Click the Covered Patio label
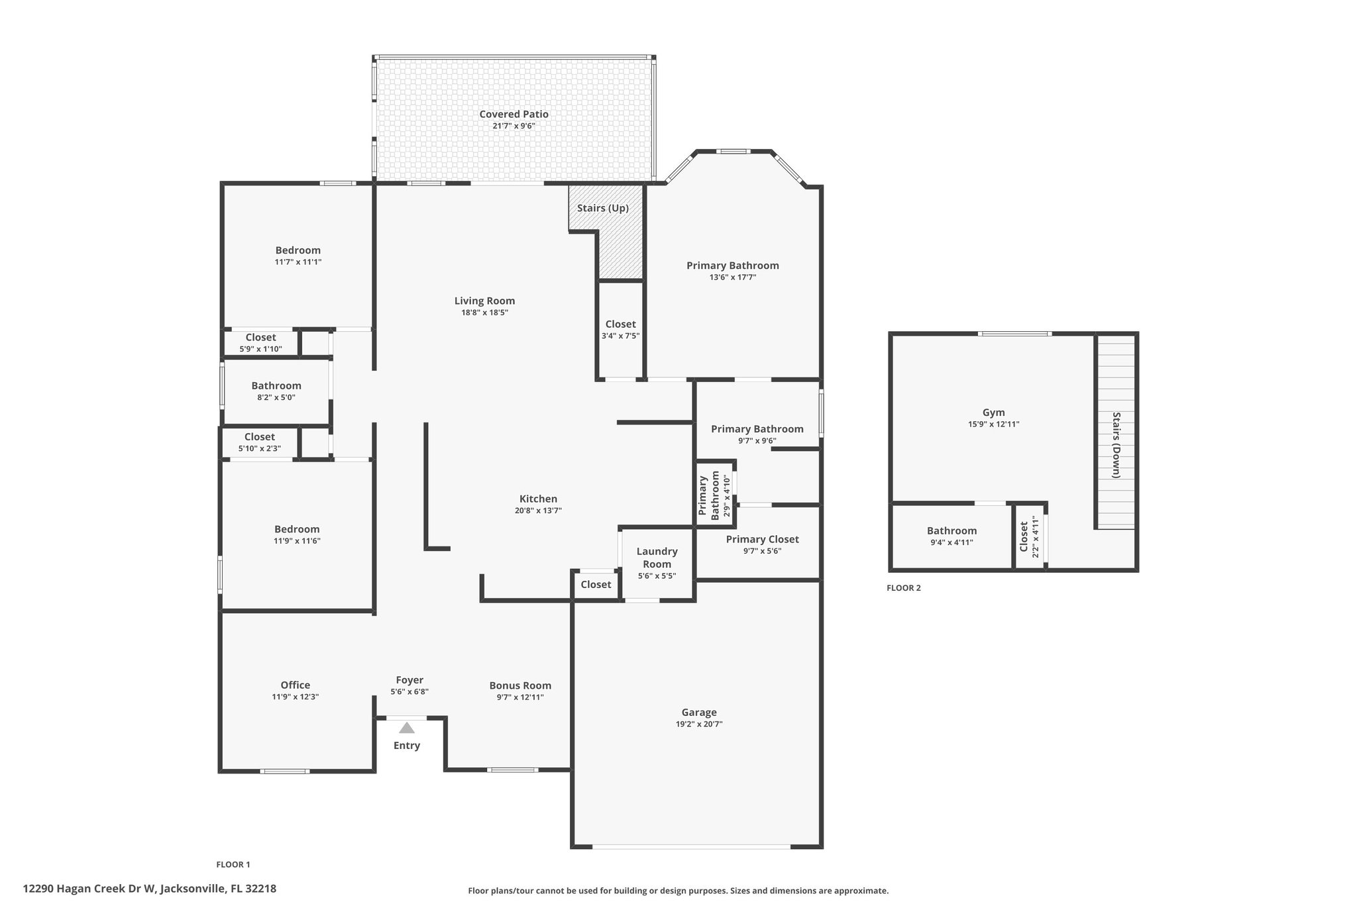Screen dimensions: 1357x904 tap(514, 114)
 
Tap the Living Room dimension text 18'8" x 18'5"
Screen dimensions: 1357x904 tap(484, 313)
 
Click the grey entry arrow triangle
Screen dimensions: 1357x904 tap(407, 728)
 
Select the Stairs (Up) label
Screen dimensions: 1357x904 tap(602, 208)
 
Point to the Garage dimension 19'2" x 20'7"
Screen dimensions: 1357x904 tap(699, 724)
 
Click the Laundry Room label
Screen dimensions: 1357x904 tap(657, 558)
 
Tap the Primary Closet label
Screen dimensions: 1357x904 tap(762, 539)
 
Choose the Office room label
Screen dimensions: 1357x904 tap(295, 685)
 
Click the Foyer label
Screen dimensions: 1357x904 tap(409, 679)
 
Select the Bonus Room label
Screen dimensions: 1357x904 tap(520, 685)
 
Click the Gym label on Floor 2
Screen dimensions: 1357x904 tap(993, 413)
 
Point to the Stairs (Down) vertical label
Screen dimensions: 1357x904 tap(1116, 445)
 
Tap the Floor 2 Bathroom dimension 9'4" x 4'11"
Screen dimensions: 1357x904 tap(951, 542)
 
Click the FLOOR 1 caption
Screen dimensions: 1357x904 tap(233, 864)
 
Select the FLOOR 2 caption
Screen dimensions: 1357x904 tap(904, 587)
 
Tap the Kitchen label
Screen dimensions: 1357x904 tap(538, 499)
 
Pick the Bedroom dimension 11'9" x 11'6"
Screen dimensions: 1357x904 tap(297, 541)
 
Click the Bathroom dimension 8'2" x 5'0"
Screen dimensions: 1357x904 tap(276, 397)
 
